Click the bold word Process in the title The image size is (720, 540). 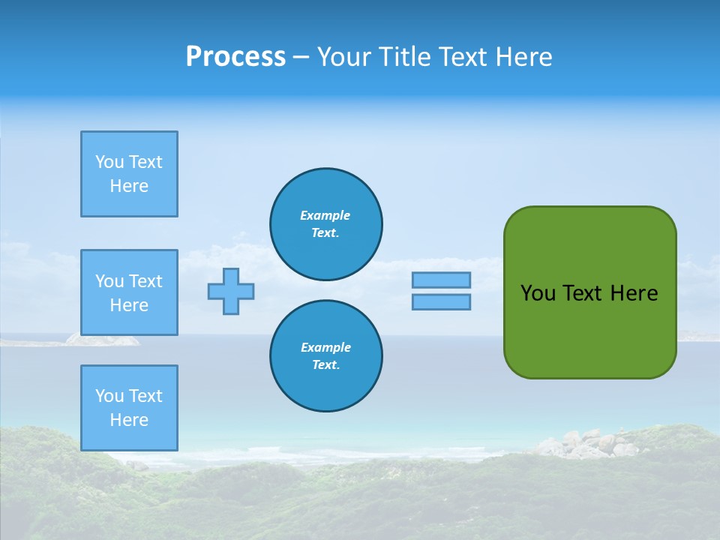pos(235,57)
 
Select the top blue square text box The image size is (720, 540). pos(129,174)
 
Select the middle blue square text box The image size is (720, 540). pos(129,292)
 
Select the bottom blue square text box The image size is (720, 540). pos(129,408)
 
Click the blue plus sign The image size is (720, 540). pos(231,291)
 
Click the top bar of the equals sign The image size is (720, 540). pos(441,280)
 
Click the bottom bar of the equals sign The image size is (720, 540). pos(441,301)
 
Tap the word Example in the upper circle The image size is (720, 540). pos(325,215)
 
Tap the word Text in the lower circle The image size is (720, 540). pos(325,365)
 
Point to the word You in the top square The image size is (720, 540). pos(109,162)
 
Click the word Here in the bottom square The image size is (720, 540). pos(129,420)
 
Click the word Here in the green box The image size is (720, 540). pos(634,293)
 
